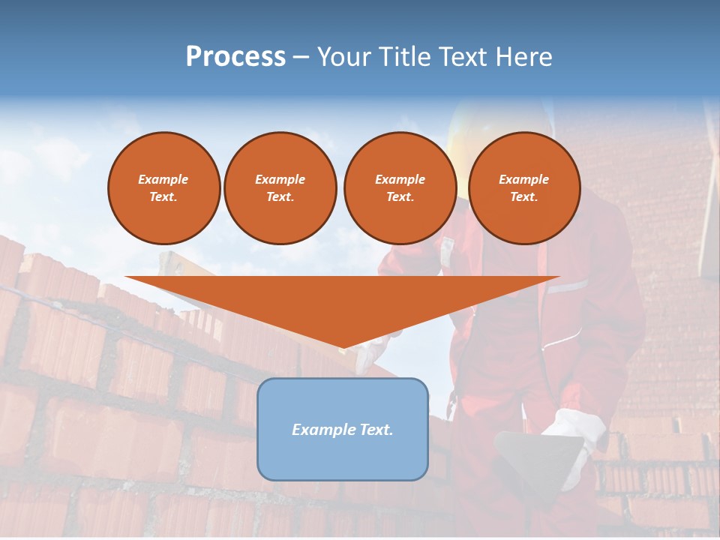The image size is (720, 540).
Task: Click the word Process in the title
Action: [235, 57]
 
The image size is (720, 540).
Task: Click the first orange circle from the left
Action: [163, 188]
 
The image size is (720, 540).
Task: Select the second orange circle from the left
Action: [280, 188]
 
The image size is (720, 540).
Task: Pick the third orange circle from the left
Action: [400, 188]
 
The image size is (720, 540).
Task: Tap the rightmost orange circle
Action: [524, 188]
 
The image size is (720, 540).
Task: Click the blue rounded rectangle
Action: [343, 457]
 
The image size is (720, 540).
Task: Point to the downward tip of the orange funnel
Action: [343, 348]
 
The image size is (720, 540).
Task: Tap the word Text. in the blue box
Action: [376, 430]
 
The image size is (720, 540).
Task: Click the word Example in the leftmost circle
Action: [163, 179]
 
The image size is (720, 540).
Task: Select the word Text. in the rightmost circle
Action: [524, 197]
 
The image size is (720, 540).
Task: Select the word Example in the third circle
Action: [400, 179]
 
